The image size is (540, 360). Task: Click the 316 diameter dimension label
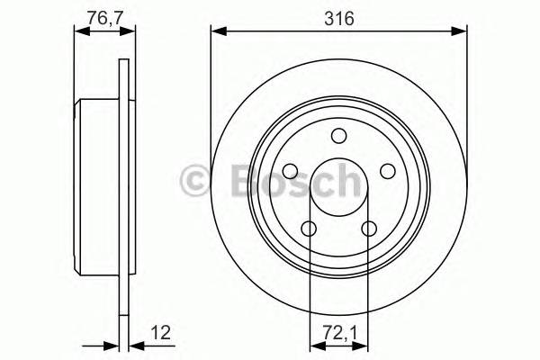tap(338, 18)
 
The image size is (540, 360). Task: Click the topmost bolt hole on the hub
tap(338, 136)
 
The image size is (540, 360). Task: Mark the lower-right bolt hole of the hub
tap(369, 229)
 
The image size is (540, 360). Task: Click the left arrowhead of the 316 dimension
tap(217, 32)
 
